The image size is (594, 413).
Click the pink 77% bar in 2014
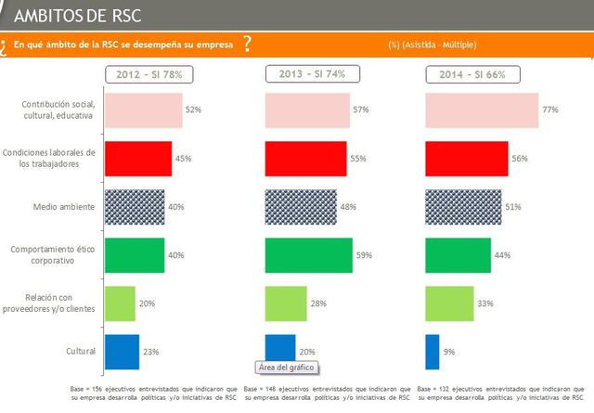(481, 110)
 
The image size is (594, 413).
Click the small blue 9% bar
(432, 352)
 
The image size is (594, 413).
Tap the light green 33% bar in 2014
(449, 303)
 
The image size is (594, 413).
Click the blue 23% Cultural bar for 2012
(122, 352)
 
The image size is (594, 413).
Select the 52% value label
(194, 110)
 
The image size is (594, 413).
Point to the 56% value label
(520, 159)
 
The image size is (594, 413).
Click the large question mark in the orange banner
(246, 44)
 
